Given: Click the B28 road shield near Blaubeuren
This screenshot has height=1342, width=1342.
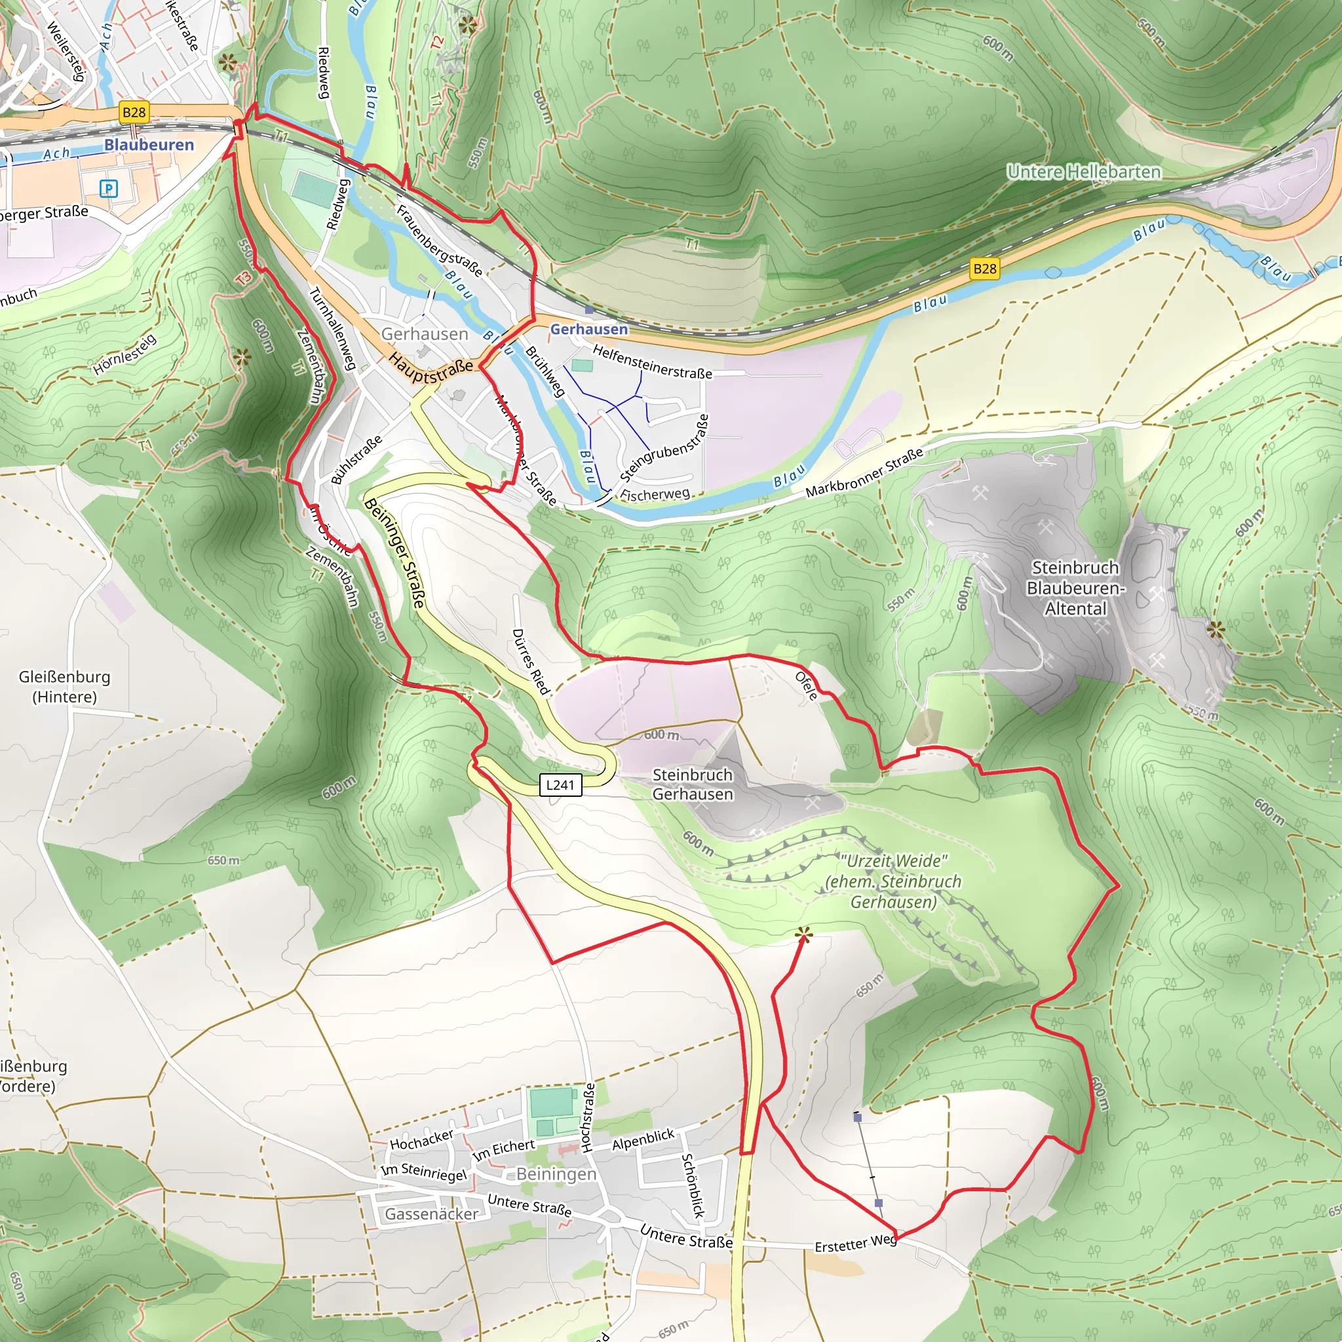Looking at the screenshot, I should point(134,113).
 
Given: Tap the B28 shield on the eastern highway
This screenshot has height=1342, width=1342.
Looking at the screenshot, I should point(984,269).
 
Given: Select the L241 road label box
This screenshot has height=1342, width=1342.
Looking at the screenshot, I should point(560,785).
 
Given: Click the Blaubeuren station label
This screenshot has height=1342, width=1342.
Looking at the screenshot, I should point(149,144).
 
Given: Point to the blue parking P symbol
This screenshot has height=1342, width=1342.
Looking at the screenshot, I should point(108,188).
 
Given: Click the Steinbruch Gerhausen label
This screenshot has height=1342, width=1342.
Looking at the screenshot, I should point(692,784).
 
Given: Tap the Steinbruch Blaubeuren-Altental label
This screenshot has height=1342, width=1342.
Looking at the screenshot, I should point(1075,588).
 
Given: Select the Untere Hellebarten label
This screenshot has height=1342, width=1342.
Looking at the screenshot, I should point(1084,172).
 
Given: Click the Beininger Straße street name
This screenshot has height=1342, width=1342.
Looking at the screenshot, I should point(394,553).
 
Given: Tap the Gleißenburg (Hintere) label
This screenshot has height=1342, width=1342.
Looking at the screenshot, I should point(65,686).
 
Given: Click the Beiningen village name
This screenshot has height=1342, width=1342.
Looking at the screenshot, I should point(556,1174).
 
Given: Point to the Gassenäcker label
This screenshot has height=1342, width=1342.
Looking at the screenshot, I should point(431,1214).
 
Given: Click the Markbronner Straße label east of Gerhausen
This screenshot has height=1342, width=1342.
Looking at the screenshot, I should point(864,472).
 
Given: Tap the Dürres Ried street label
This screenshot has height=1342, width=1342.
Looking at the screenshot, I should point(531,661).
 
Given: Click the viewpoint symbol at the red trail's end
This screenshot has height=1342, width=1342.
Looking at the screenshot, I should point(803,936).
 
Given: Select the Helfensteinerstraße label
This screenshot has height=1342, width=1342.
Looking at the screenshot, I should point(652,362).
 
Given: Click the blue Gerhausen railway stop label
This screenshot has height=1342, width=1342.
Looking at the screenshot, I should point(589,329).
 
